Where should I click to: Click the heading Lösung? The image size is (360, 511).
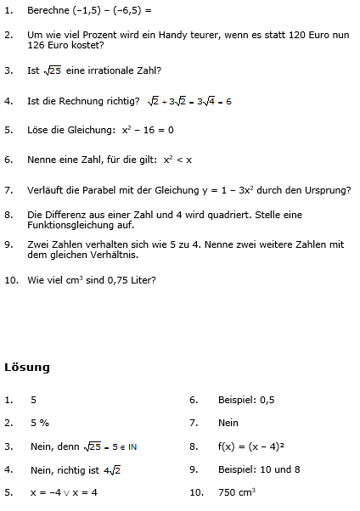pyautogui.click(x=27, y=368)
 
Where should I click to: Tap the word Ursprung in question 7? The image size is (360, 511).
pyautogui.click(x=327, y=190)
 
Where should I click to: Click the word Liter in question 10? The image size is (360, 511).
pyautogui.click(x=144, y=278)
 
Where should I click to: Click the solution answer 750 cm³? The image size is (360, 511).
pyautogui.click(x=237, y=491)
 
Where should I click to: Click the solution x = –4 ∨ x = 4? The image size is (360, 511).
pyautogui.click(x=64, y=491)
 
